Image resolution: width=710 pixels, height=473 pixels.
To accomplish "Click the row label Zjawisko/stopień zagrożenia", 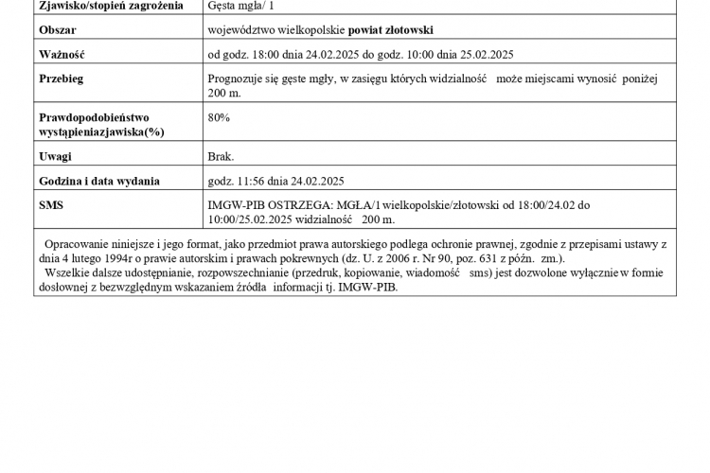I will pyautogui.click(x=105, y=6).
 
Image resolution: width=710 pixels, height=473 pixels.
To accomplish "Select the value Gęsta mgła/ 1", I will pyautogui.click(x=241, y=6).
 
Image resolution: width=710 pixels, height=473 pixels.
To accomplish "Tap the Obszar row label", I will pyautogui.click(x=58, y=30).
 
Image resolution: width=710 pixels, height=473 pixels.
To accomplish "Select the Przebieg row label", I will pyautogui.click(x=62, y=79).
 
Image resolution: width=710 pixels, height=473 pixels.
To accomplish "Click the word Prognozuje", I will pyautogui.click(x=237, y=79).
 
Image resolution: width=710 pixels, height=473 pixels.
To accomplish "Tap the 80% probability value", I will pyautogui.click(x=219, y=117).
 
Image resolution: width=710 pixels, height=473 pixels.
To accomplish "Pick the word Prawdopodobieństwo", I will pyautogui.click(x=95, y=117).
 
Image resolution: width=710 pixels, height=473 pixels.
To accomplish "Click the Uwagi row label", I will pyautogui.click(x=56, y=156).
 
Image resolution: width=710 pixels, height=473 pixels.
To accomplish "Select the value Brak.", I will pyautogui.click(x=221, y=156).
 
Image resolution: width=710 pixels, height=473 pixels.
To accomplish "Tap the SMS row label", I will pyautogui.click(x=51, y=204).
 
